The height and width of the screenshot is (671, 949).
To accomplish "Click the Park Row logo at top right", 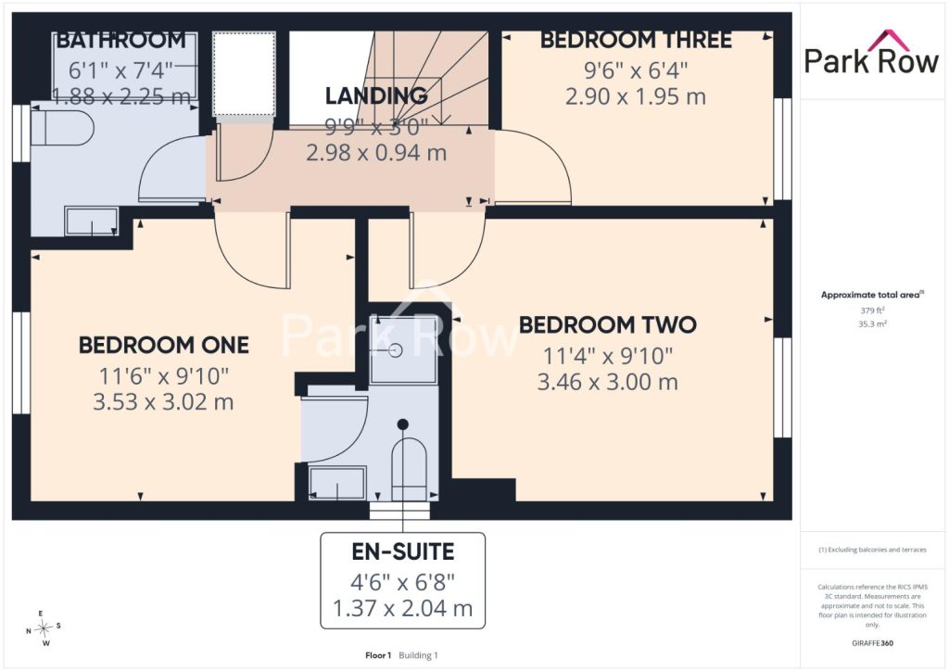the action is point(871,53).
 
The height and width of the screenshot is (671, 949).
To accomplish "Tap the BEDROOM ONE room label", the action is point(164,346).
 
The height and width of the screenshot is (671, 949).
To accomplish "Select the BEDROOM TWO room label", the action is point(608,325).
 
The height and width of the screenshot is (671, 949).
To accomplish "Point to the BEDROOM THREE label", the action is point(636,40).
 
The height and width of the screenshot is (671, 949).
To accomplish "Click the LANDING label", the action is point(376,95).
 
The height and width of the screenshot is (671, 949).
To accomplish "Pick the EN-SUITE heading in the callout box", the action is point(403,551).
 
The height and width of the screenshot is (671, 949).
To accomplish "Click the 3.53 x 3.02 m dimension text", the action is point(163,401).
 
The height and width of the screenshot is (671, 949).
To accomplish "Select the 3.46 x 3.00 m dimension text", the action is point(608,382).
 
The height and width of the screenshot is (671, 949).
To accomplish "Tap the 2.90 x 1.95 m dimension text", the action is point(636,96).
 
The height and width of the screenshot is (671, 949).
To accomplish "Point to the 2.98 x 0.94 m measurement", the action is point(376,153).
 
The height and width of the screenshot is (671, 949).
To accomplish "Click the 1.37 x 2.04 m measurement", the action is point(402,608).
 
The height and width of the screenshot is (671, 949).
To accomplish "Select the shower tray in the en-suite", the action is point(404,349).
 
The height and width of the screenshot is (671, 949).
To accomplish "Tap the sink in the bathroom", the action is point(92,222).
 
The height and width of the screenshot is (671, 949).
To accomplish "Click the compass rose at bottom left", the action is point(44,629).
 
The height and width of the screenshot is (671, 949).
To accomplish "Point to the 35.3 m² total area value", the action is point(872,323).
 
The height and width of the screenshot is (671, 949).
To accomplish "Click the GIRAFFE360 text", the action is point(872,643).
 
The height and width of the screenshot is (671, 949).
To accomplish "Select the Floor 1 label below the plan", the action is point(378,655).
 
